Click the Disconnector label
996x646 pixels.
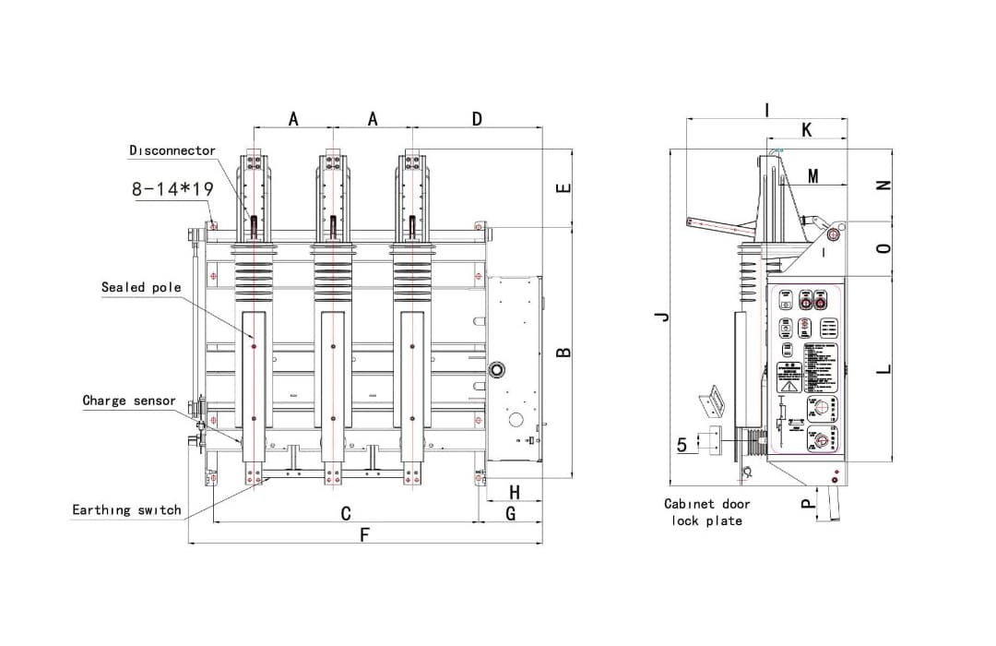coord(172,150)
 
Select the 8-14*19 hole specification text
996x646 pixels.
coord(172,188)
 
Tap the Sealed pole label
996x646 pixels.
coord(141,287)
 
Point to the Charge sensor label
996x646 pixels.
coord(129,401)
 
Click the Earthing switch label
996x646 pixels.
coord(126,509)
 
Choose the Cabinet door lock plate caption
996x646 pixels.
coord(706,512)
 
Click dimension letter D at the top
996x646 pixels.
coord(477,119)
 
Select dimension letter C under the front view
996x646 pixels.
coord(346,513)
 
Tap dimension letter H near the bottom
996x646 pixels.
coord(515,491)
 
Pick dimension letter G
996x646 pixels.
coord(510,513)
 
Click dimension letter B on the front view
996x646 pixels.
coord(564,352)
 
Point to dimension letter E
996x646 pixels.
coord(564,188)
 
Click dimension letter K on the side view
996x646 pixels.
coord(807,130)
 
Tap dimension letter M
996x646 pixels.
coord(812,176)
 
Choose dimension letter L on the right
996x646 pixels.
coord(883,368)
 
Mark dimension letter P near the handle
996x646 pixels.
coord(807,504)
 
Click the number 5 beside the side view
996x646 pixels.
coord(682,445)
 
